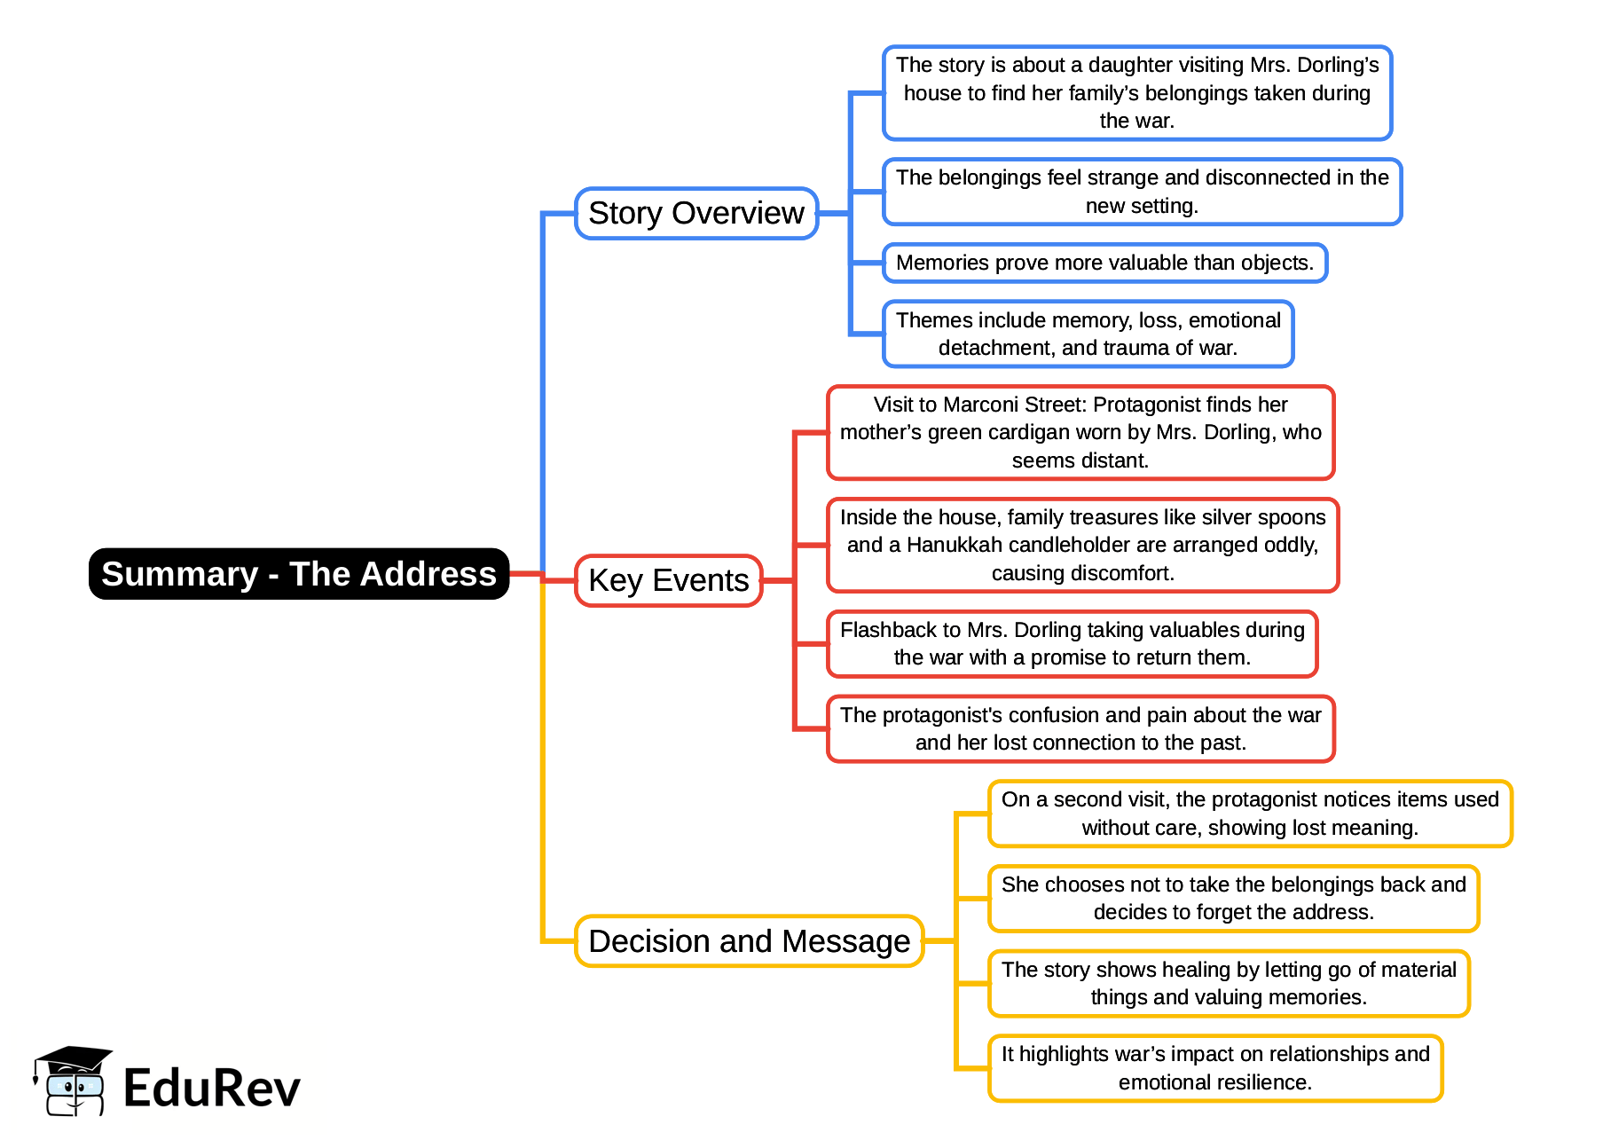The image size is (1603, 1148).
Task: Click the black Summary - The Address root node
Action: click(299, 574)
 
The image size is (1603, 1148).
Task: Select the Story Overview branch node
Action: click(695, 213)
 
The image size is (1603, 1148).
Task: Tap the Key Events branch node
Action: click(668, 580)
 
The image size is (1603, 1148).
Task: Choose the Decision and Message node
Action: click(749, 941)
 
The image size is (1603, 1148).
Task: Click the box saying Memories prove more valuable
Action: click(1104, 263)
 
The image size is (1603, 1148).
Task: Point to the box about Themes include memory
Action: click(1088, 334)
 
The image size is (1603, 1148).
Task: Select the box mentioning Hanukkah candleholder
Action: click(1082, 545)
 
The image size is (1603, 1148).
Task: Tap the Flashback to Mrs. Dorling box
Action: click(1072, 643)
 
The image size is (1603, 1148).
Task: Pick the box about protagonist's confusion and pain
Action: click(1080, 728)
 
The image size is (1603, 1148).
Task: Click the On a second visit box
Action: click(1249, 814)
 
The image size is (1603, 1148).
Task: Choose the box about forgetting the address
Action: click(1233, 899)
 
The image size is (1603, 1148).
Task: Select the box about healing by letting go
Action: click(1229, 983)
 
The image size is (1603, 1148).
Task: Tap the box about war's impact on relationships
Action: click(1214, 1068)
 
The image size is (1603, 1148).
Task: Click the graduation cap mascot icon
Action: click(73, 1081)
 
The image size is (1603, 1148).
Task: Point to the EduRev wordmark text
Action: click(211, 1089)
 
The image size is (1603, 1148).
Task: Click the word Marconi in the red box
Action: click(978, 405)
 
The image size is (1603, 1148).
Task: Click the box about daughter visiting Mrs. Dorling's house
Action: click(1136, 93)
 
